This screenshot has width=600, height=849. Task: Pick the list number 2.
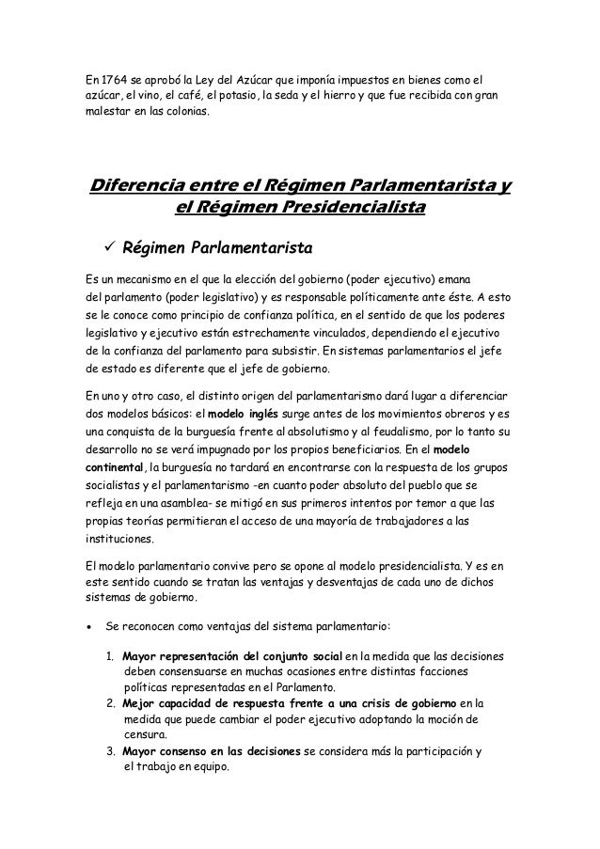[111, 703]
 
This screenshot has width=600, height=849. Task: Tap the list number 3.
[111, 752]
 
